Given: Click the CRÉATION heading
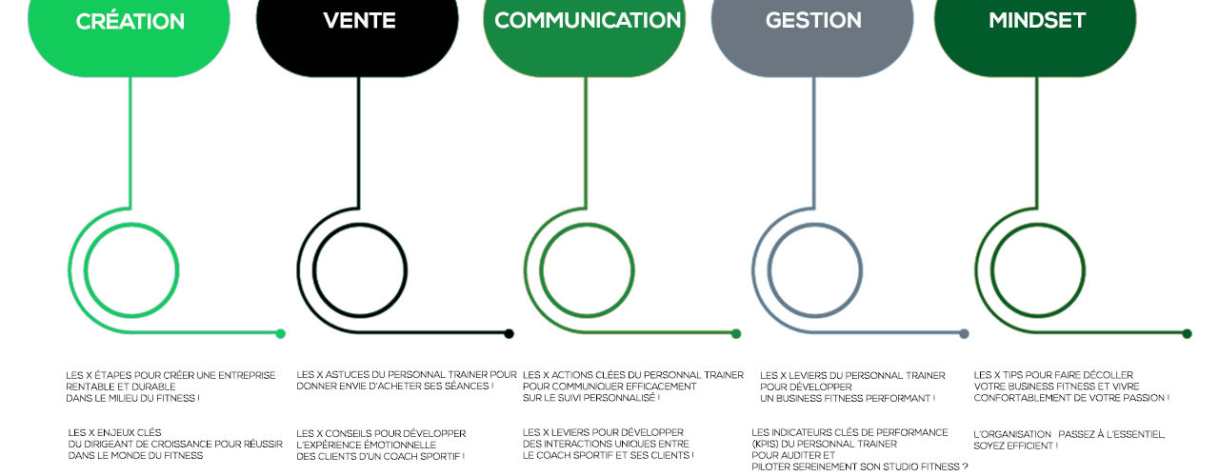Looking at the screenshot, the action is tap(130, 21).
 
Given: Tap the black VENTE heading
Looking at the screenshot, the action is tap(359, 21).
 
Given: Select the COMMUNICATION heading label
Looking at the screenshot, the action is tap(588, 20).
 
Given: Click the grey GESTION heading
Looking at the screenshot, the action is tap(813, 21).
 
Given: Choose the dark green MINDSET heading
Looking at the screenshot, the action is tap(1037, 21).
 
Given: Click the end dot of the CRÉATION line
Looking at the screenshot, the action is tap(280, 333).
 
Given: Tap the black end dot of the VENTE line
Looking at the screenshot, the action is tap(509, 333).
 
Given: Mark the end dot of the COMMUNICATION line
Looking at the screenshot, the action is tap(736, 333).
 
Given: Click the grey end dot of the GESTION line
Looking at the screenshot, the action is tap(964, 333).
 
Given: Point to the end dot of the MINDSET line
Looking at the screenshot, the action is tap(1187, 333).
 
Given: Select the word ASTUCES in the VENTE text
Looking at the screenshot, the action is tap(344, 374).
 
